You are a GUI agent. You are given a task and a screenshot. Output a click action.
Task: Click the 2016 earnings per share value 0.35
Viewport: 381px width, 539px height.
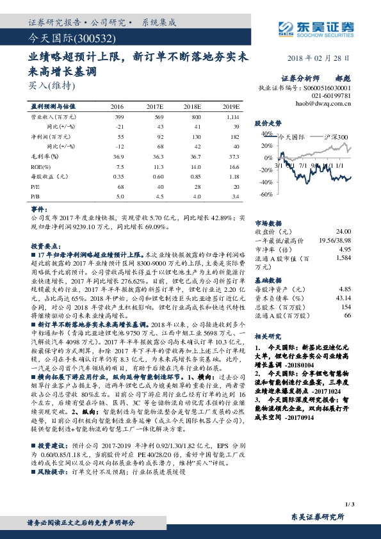[x=118, y=175]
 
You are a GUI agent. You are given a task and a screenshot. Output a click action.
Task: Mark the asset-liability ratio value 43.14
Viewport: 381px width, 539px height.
[x=344, y=298]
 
